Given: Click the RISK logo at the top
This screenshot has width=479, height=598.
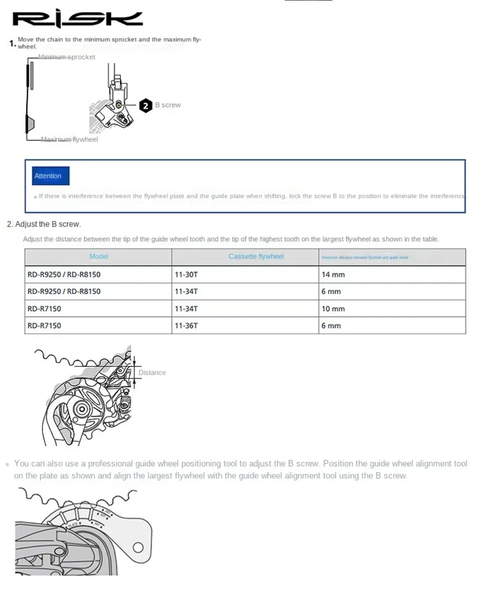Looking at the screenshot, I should (77, 19).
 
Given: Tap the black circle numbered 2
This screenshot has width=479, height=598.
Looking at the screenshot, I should (146, 105).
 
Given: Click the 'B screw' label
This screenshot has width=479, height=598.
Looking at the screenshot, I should (168, 105).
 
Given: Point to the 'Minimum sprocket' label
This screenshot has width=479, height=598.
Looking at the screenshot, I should (67, 57).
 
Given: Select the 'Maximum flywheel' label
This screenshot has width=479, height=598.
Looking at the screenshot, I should (69, 139).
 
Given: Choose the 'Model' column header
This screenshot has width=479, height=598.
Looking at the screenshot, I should (99, 257).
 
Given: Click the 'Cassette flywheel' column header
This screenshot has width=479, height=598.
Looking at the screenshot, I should (256, 257).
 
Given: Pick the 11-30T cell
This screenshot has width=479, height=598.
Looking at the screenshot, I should (186, 275).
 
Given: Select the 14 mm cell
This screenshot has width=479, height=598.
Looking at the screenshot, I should (333, 275).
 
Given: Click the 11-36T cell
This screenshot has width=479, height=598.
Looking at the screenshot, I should (186, 326).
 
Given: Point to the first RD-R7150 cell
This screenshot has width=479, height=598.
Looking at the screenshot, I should (45, 309).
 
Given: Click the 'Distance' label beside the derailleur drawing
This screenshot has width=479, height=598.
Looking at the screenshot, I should (152, 373).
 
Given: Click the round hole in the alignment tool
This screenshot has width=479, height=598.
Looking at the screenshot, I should (138, 547).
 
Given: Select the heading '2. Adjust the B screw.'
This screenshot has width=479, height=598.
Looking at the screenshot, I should (44, 224).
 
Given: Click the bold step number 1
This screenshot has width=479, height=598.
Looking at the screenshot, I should (12, 44).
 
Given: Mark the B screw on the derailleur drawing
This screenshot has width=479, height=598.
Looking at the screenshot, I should (118, 103).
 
